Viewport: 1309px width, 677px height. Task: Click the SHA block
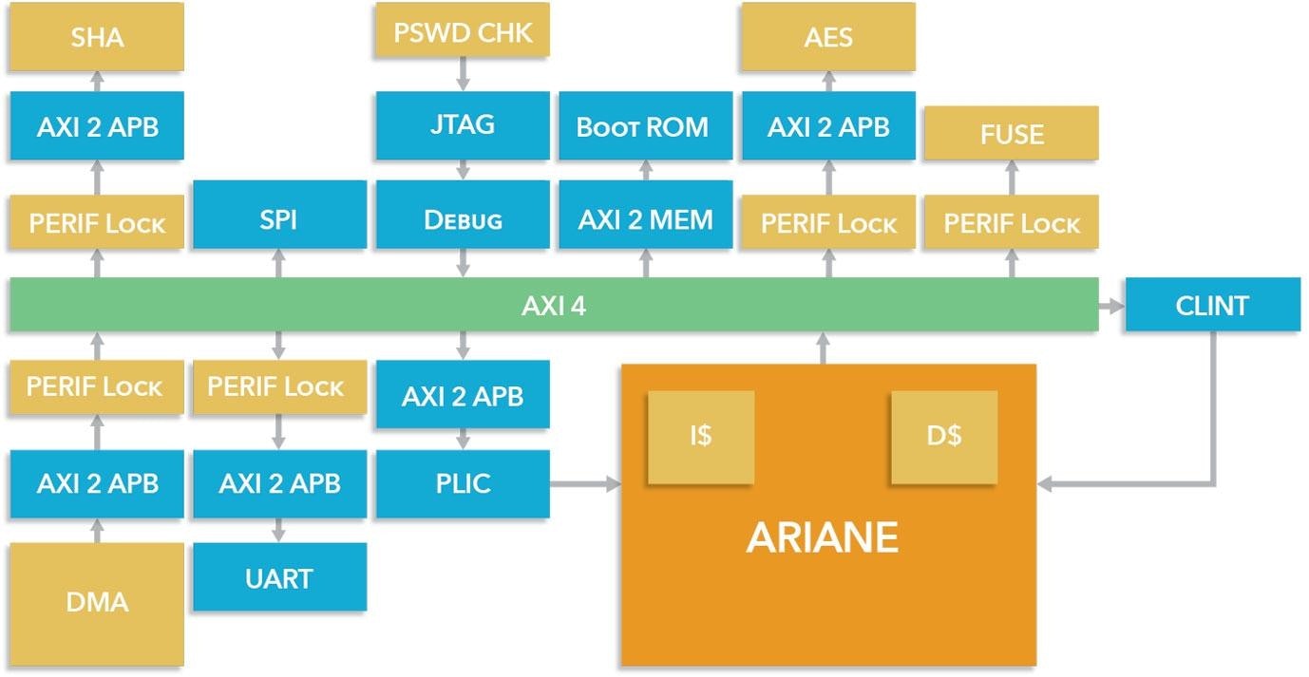pos(97,37)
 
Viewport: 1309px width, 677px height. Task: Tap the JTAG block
pos(463,124)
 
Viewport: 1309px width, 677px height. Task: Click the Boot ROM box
pos(645,125)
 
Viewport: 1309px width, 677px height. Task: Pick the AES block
pos(827,37)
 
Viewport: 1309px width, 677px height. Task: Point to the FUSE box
pos(1011,133)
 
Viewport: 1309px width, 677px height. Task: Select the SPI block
pos(279,219)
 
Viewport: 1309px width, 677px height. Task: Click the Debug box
pos(463,219)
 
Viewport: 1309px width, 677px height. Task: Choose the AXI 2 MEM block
pos(645,219)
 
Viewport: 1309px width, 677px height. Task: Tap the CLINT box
pos(1212,305)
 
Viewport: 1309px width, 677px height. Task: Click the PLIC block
pos(463,483)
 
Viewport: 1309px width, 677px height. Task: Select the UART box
pos(279,577)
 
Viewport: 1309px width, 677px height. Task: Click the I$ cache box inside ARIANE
pos(701,438)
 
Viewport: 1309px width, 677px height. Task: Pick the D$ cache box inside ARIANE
pos(943,438)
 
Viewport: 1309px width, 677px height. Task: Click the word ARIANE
pos(823,538)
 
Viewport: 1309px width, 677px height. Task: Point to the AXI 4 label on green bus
pos(553,306)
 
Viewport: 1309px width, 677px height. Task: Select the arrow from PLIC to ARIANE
pos(584,485)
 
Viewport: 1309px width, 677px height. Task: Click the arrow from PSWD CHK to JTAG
pos(464,72)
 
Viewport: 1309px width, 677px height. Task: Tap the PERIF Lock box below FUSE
pos(1011,224)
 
